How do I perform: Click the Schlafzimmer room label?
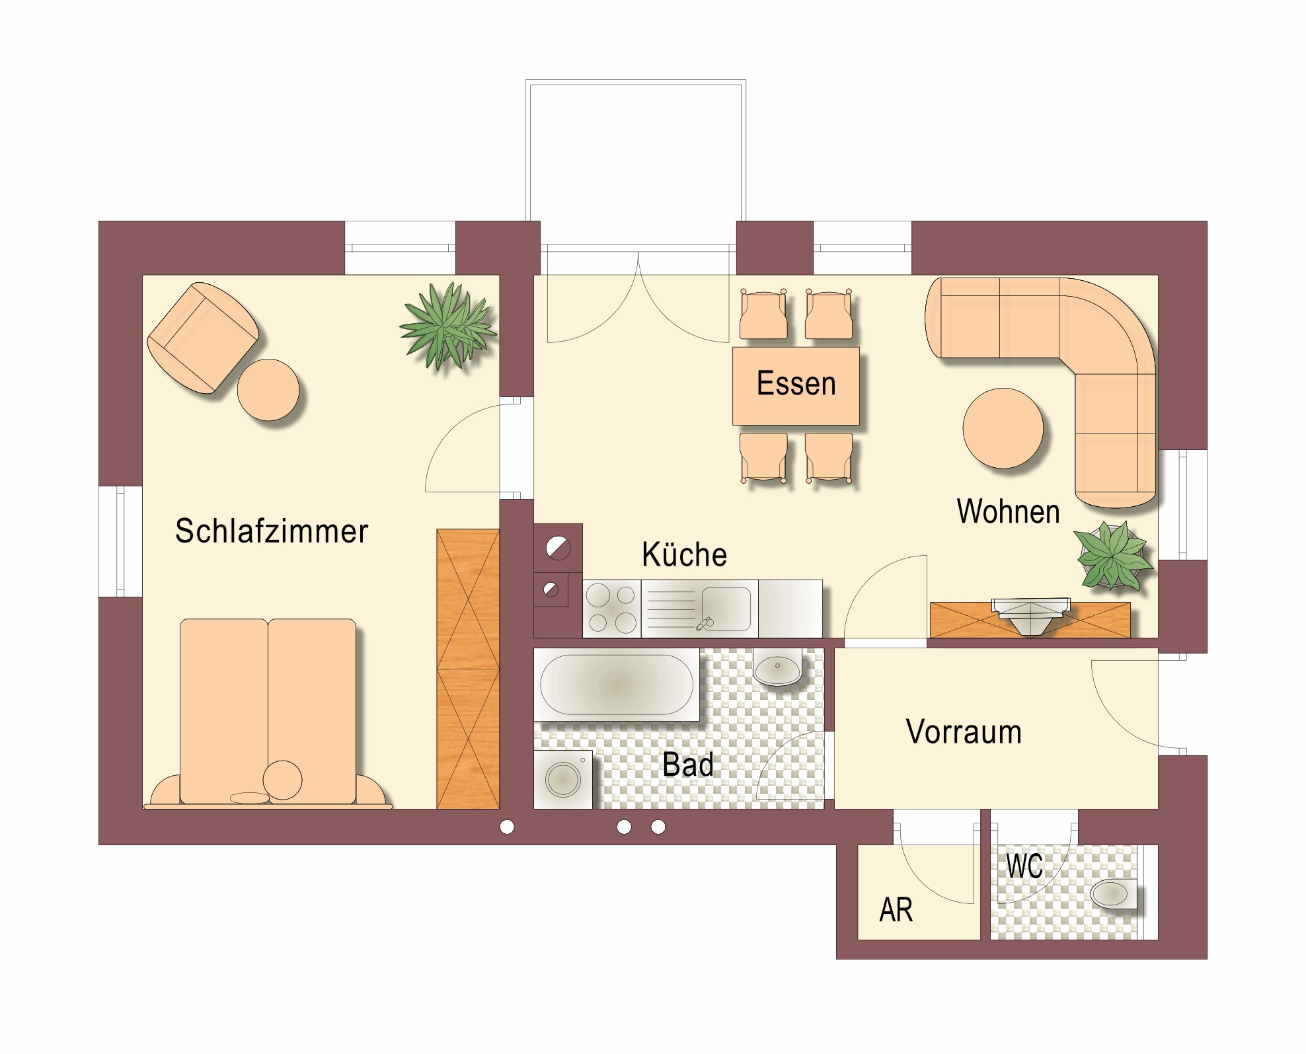click(271, 531)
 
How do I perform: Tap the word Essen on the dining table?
click(796, 383)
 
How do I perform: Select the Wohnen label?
click(1008, 511)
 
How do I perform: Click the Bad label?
click(687, 765)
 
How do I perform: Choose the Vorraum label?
click(964, 732)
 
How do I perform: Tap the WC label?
click(1024, 866)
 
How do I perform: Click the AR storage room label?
click(896, 910)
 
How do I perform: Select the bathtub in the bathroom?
click(617, 684)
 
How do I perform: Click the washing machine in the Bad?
click(563, 779)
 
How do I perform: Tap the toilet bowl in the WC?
click(1114, 894)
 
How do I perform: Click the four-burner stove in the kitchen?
click(611, 609)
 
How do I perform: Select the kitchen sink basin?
click(726, 608)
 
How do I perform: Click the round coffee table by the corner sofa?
click(1003, 428)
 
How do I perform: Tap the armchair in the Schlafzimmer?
click(203, 338)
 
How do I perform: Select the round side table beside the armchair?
click(268, 390)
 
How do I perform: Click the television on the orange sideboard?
click(1031, 616)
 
